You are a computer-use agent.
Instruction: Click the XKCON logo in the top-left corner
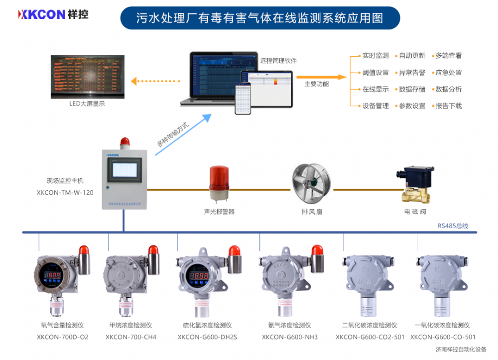tap(53, 14)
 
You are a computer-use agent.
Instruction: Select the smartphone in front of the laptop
tap(243, 99)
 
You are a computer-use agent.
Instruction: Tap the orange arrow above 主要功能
tap(321, 77)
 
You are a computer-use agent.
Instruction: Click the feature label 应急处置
tap(448, 73)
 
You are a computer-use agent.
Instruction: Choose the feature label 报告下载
tap(448, 106)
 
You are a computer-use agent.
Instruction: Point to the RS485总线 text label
tap(453, 226)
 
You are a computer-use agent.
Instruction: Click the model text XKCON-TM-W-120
tap(65, 192)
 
